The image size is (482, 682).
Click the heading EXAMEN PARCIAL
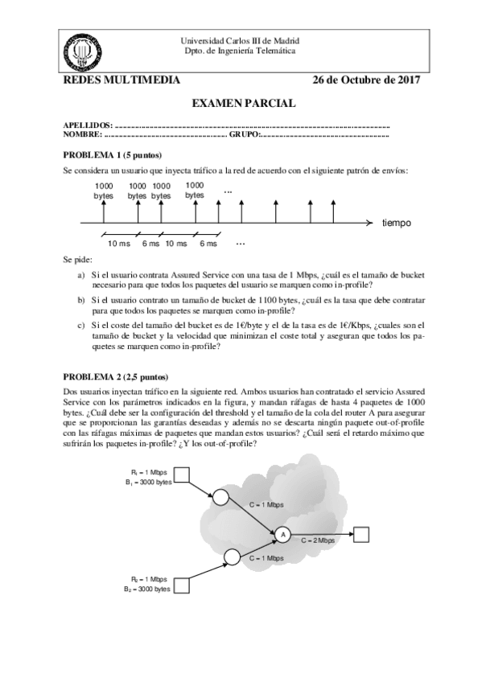244,103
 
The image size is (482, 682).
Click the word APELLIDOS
87,127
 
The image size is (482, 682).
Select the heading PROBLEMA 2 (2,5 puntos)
117,376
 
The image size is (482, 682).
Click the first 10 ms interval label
119,243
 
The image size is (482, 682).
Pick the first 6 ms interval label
150,243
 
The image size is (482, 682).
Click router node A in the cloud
282,533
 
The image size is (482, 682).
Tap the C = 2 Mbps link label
319,541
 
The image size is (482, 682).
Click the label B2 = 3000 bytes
147,588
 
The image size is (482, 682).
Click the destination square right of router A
361,533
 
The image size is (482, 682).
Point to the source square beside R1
183,477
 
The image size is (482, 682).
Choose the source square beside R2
183,581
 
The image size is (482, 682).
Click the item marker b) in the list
80,299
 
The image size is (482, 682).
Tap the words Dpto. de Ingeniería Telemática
241,50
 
